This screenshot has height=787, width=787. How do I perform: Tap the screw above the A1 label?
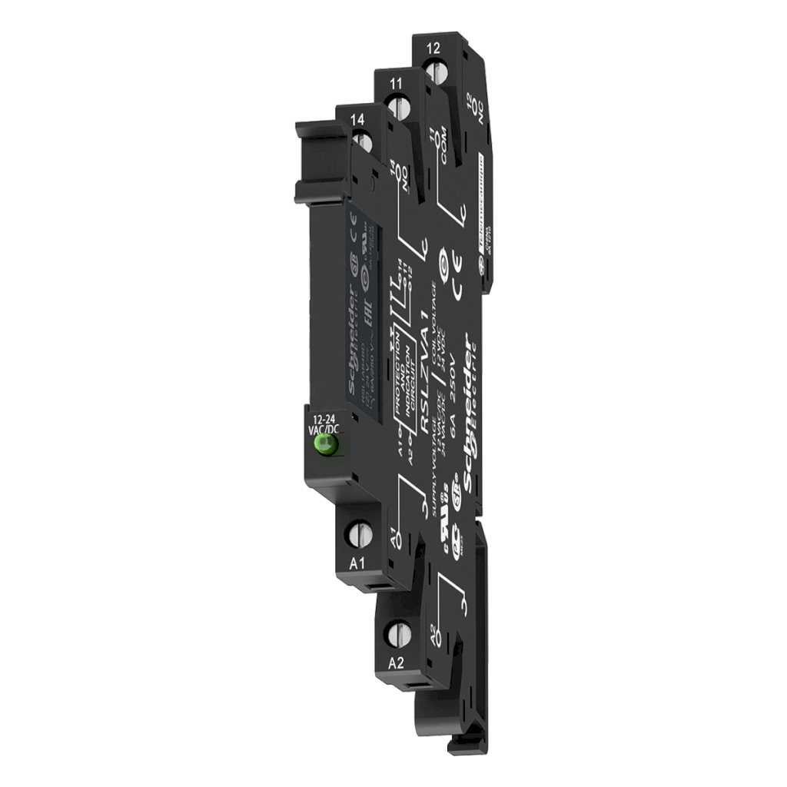pos(360,532)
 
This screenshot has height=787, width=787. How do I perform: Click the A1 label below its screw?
pos(357,563)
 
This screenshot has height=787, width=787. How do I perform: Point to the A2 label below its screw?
pos(396,663)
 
